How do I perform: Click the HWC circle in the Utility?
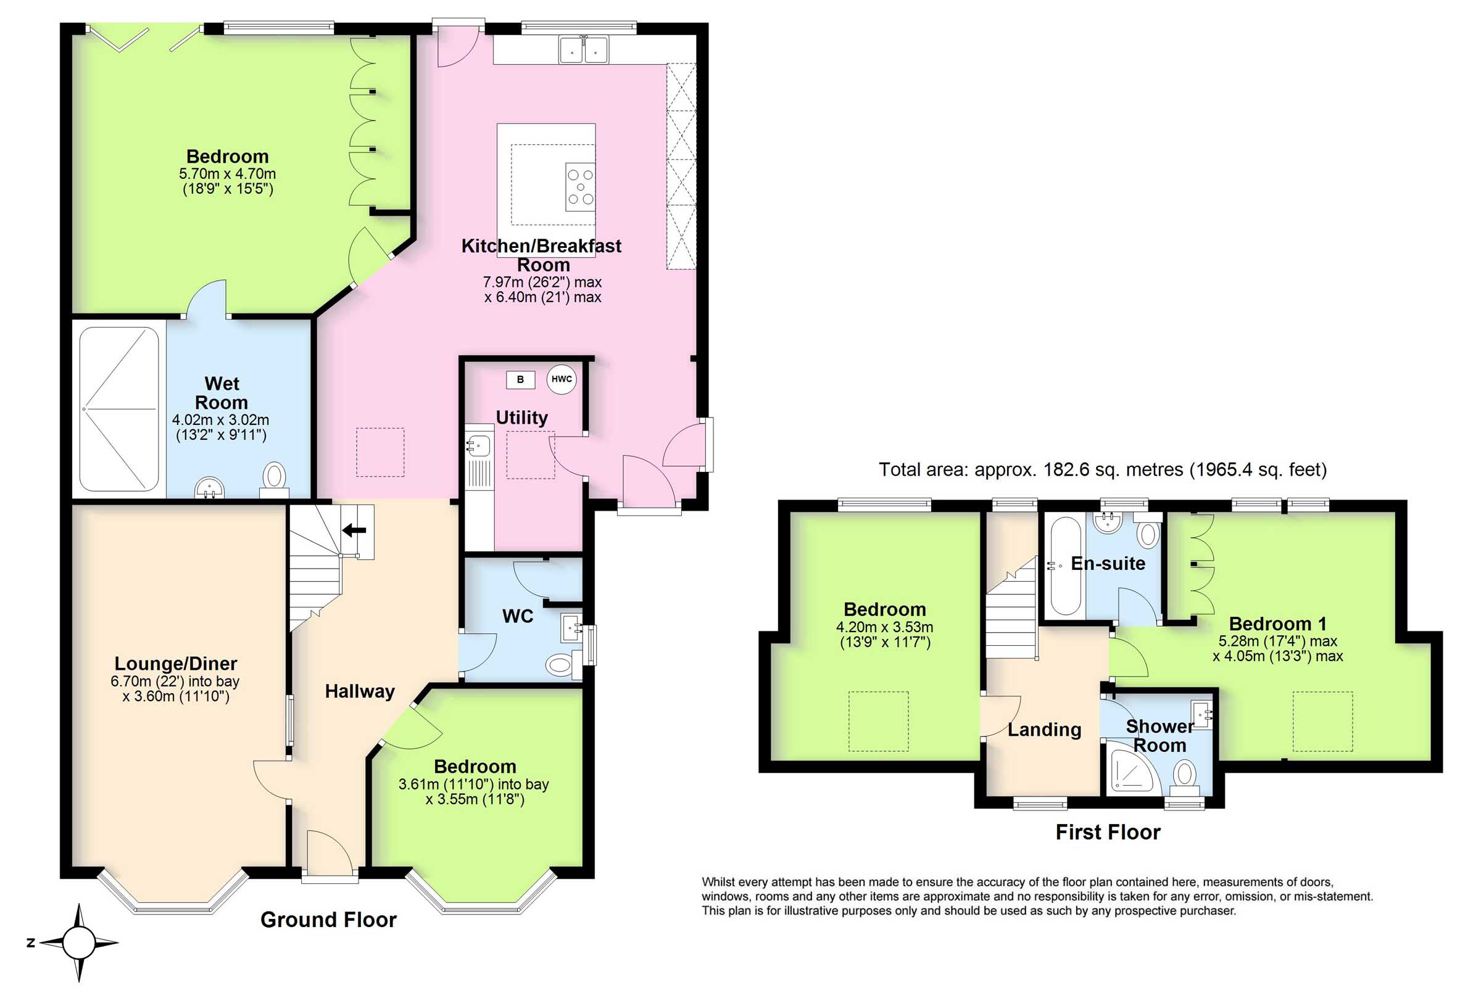[x=561, y=379]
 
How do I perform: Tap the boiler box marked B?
[x=520, y=379]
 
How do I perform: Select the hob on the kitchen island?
[x=580, y=187]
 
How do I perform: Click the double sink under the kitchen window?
[x=583, y=49]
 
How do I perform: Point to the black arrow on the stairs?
[x=354, y=529]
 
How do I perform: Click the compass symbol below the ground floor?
[x=78, y=942]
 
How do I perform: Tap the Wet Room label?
[x=221, y=393]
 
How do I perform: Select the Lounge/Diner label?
[x=175, y=663]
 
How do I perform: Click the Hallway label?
[x=360, y=691]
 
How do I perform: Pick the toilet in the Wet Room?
[x=274, y=479]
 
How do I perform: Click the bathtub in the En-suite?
[x=1064, y=566]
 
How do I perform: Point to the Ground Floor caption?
[x=328, y=919]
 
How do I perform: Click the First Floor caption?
[x=1108, y=831]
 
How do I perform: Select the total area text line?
[x=1102, y=469]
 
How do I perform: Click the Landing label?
[x=1045, y=730]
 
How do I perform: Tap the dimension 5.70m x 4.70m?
[x=228, y=173]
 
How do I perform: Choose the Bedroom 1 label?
[x=1277, y=623]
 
